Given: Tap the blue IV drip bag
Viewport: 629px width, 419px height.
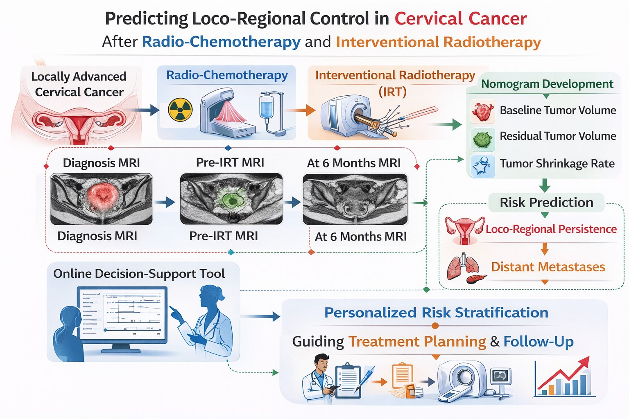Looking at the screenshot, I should [266, 107].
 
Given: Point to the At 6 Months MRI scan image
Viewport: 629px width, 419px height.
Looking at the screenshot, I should [355, 199].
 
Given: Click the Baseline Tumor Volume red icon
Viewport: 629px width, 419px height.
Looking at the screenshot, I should [483, 111].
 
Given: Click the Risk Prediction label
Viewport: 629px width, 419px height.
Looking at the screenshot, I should [546, 202].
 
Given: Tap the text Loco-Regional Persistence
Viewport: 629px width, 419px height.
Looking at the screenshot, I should [551, 229].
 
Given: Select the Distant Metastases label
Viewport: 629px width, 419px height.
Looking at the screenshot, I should [548, 267].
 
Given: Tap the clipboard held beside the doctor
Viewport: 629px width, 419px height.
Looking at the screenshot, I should [347, 381].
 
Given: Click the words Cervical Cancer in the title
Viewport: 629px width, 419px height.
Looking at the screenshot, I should [460, 19].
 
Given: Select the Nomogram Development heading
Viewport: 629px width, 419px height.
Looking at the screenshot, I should [547, 84].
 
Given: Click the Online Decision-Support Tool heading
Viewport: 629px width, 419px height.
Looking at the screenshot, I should [139, 274].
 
